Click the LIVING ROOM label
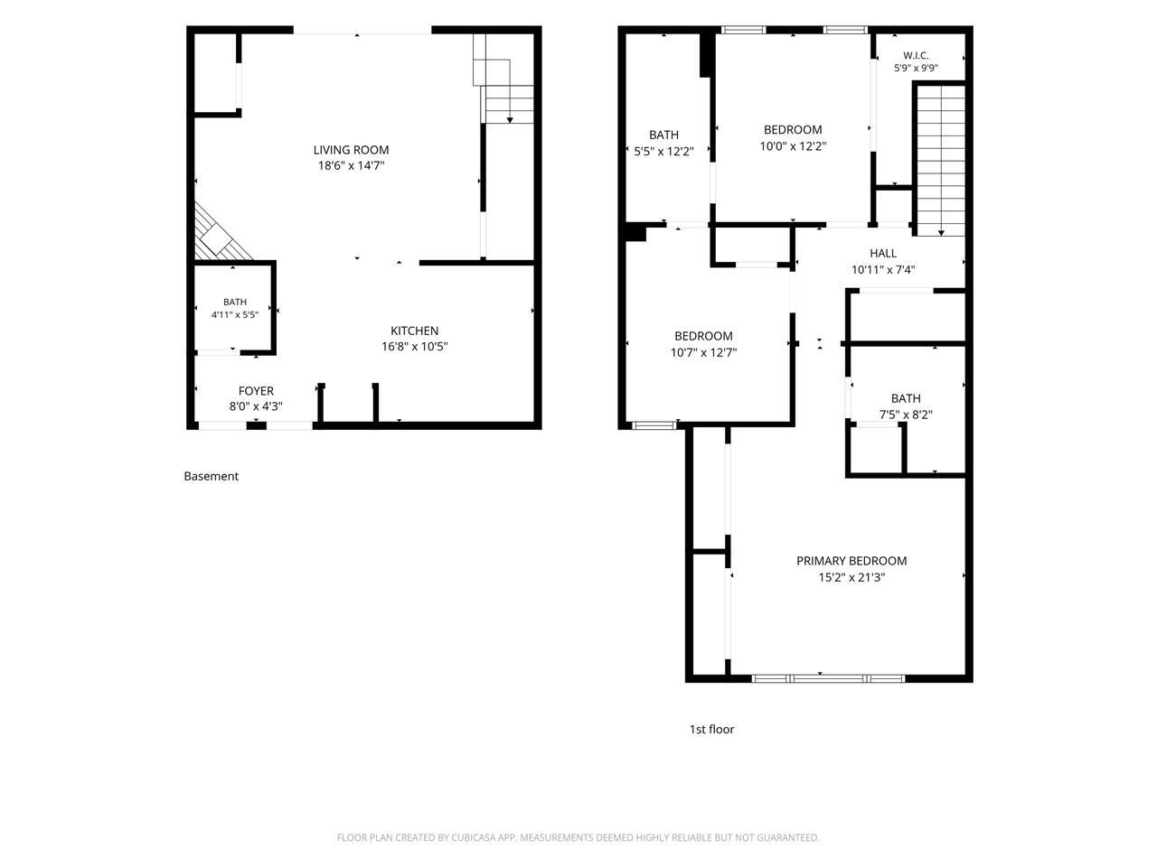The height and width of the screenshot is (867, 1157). [351, 150]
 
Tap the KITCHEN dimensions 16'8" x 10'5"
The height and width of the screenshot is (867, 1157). [414, 347]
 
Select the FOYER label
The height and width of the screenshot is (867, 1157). [256, 391]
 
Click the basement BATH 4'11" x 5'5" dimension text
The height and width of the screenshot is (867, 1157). [235, 315]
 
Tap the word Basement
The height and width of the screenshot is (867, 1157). [211, 476]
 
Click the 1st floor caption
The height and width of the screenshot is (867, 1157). [711, 729]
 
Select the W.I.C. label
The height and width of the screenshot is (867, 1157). [916, 55]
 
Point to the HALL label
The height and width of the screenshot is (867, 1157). [883, 253]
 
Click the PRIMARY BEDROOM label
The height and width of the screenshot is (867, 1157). [851, 561]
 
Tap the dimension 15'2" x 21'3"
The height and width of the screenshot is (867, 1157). [851, 577]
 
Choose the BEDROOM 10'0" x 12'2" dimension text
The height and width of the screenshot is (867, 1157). [793, 146]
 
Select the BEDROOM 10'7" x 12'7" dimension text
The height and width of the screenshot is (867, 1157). [703, 352]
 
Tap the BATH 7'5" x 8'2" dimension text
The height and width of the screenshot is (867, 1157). [906, 415]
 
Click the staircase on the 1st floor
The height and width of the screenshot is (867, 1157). [941, 161]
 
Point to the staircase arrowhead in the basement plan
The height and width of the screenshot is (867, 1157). [510, 120]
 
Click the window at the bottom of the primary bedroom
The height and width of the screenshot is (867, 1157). [828, 678]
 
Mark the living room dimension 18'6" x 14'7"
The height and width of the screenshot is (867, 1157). [351, 166]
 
